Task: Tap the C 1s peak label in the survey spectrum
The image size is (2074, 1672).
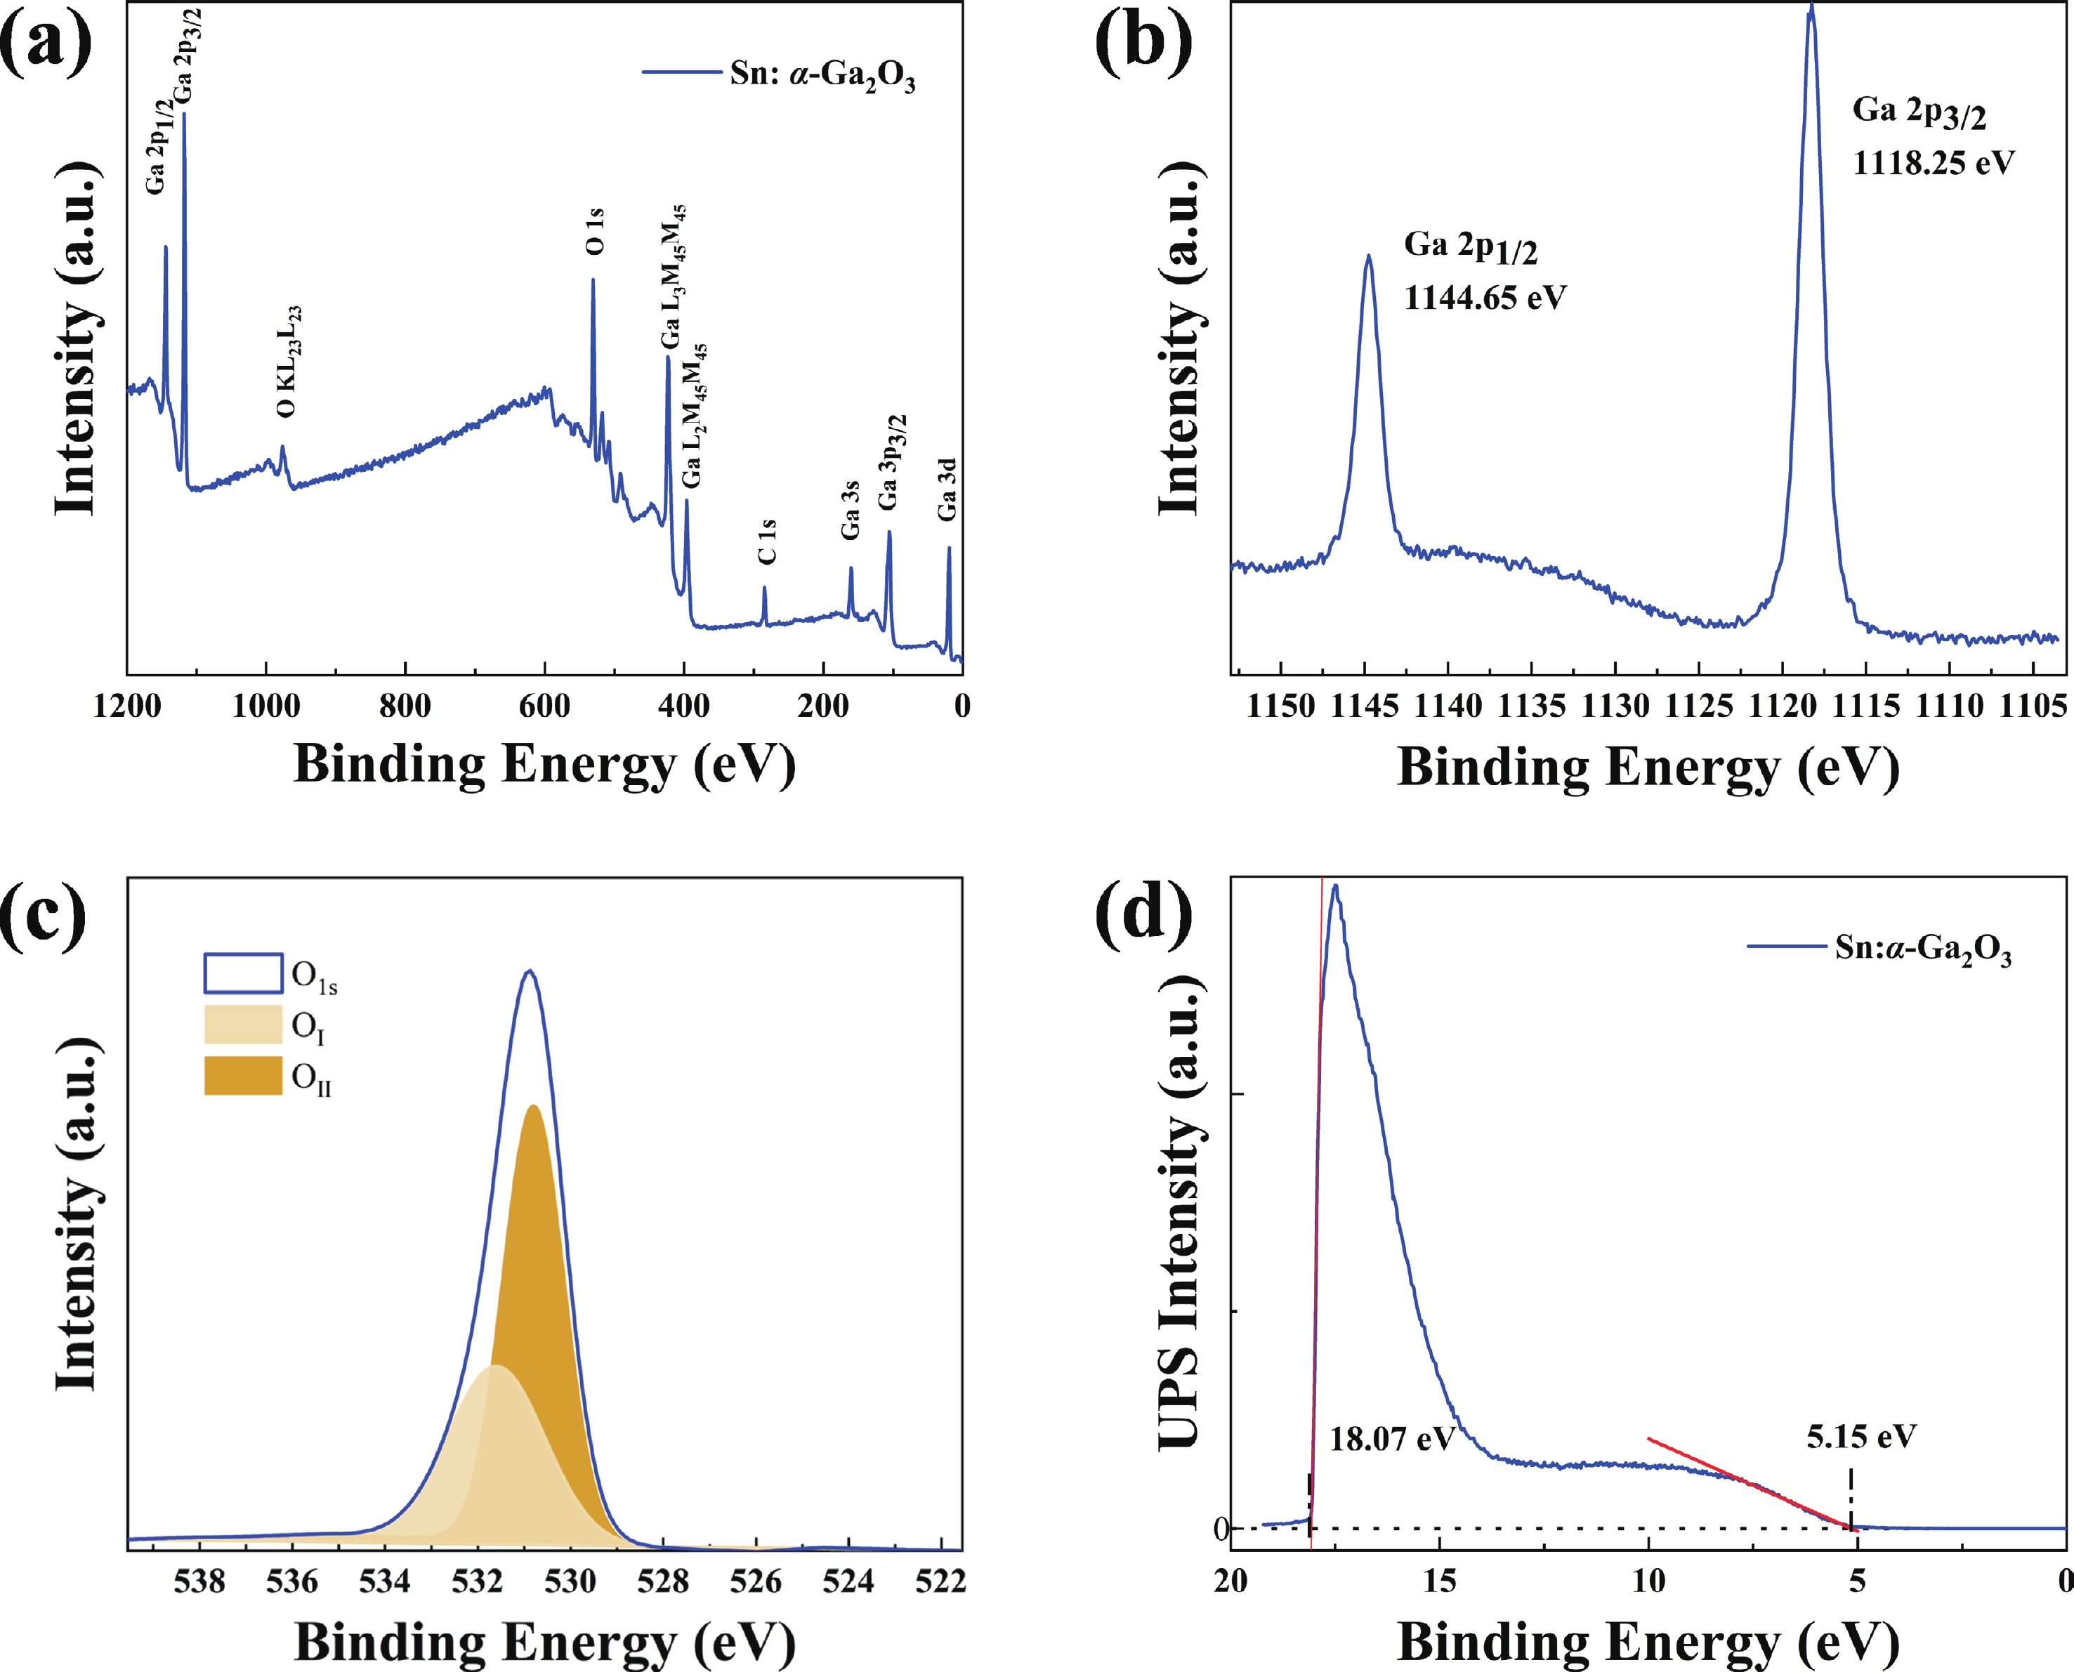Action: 767,541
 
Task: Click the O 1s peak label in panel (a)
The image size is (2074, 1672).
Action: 596,231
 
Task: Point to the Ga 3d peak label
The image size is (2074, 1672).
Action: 948,489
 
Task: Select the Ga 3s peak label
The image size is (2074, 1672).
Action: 850,511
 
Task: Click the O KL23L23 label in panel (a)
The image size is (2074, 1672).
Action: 288,361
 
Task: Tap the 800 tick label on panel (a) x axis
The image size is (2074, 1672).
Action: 405,706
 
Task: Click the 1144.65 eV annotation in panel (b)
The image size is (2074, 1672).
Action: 1485,298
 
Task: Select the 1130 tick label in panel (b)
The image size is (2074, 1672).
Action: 1615,706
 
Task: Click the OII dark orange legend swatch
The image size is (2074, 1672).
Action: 243,1076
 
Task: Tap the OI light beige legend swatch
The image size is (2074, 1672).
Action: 243,1025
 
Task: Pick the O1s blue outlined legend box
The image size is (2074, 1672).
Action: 243,973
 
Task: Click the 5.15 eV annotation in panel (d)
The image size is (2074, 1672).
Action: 1861,1437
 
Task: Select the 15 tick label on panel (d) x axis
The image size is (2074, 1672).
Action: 1439,1581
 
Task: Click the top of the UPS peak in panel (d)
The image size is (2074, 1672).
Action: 1335,887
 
